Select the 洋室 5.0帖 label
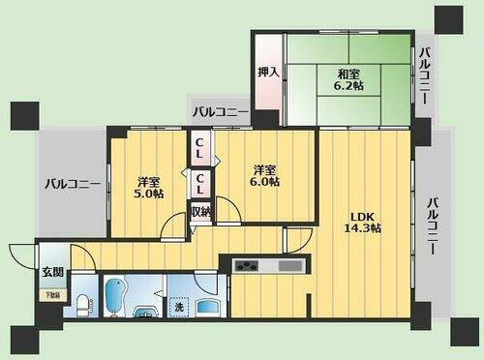click(x=147, y=185)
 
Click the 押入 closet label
click(x=269, y=72)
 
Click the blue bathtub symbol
click(x=114, y=298)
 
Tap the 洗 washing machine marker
click(x=178, y=307)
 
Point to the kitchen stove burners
click(x=245, y=265)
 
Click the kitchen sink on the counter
click(x=288, y=265)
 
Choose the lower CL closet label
click(x=199, y=181)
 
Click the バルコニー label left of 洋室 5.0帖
click(x=74, y=183)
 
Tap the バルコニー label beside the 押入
click(x=220, y=113)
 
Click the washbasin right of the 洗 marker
click(x=207, y=306)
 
